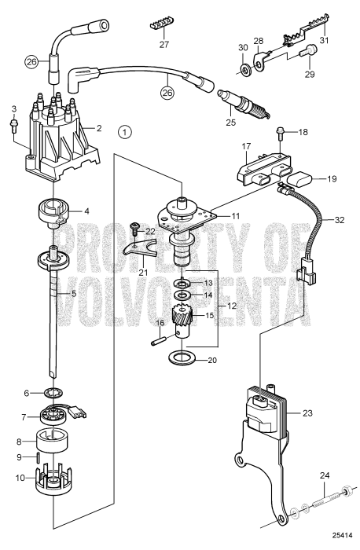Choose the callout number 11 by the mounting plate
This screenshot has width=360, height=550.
coord(235,214)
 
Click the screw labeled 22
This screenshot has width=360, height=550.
coord(138,229)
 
